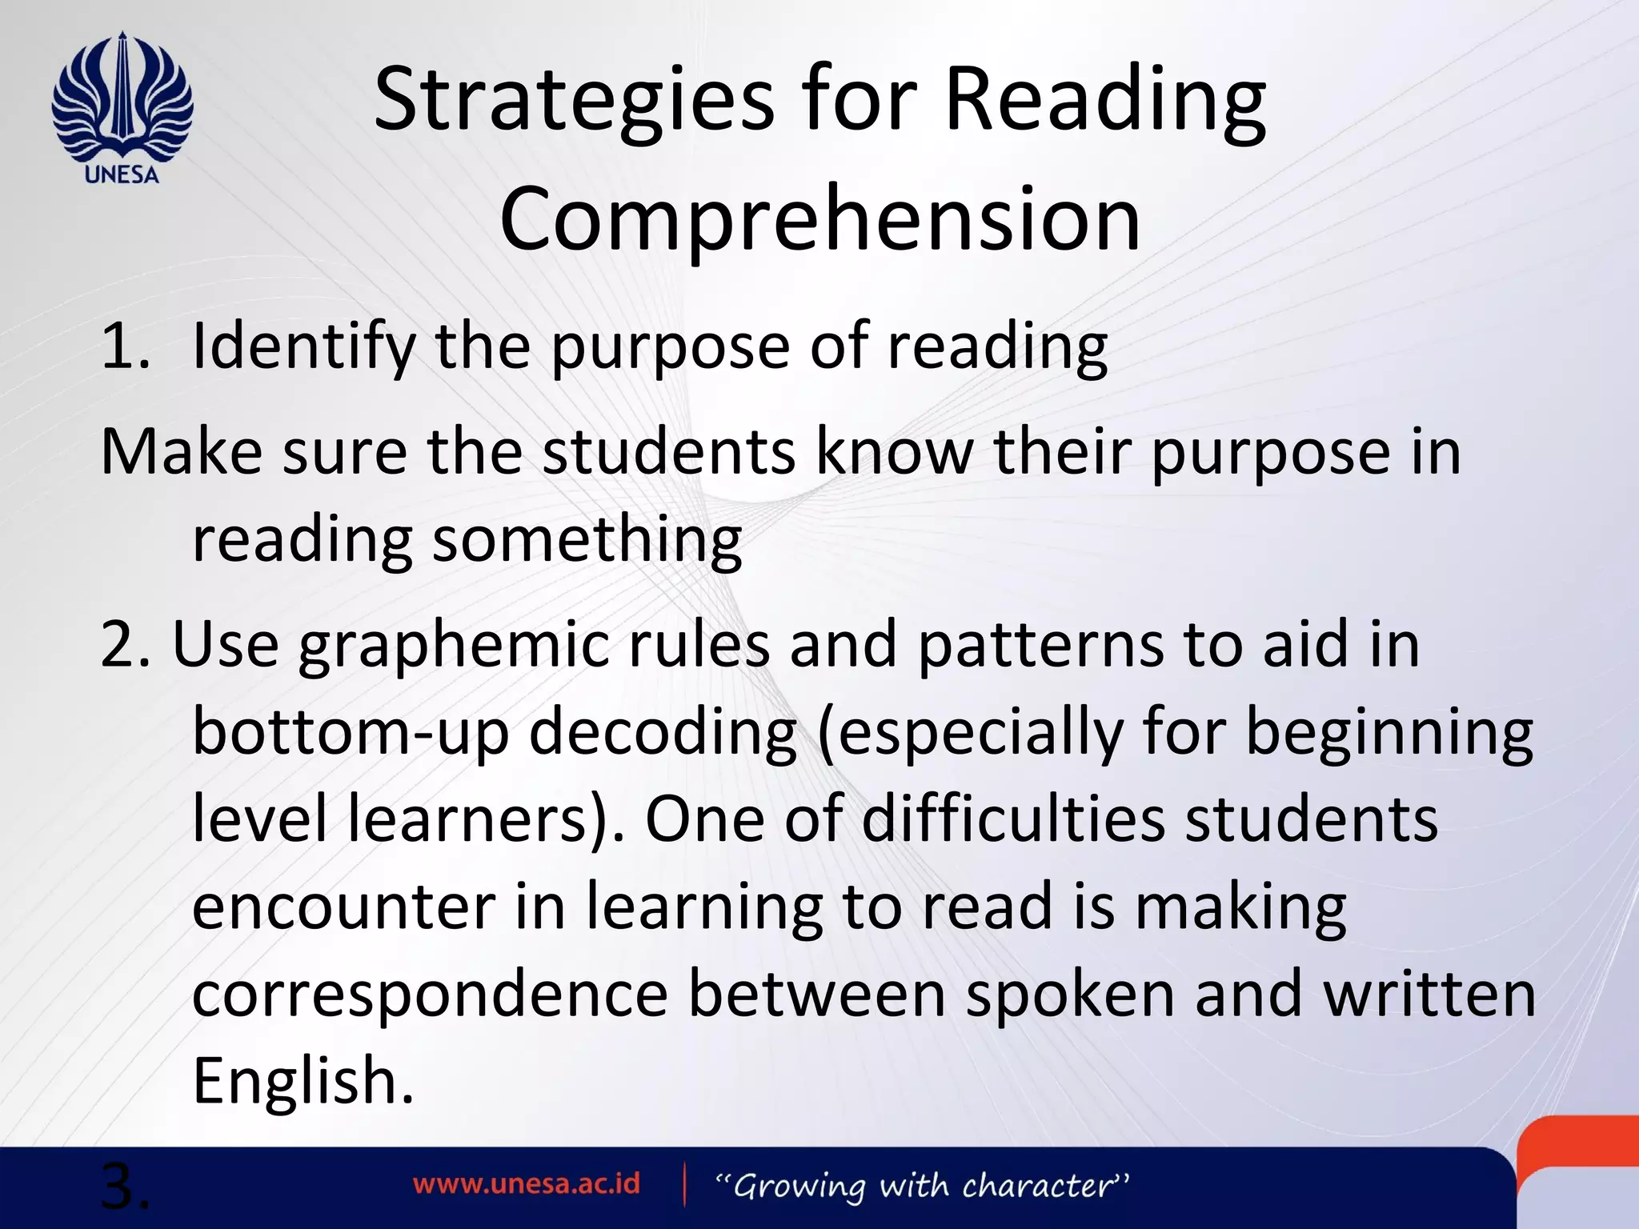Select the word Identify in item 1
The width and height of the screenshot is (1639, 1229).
point(303,347)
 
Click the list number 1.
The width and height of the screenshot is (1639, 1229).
point(125,347)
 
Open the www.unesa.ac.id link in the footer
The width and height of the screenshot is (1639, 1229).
point(527,1184)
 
